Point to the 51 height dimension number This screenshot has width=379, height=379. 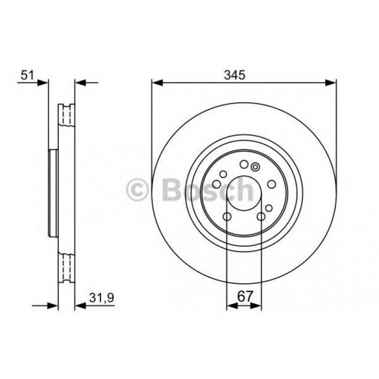click(27, 75)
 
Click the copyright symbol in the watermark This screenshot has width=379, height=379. click(137, 190)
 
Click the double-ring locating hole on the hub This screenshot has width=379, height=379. click(255, 167)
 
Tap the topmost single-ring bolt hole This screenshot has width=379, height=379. click(244, 164)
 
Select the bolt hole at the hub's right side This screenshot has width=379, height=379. click(272, 184)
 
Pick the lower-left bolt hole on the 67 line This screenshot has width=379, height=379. click(227, 217)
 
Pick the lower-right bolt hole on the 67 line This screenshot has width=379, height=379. click(261, 217)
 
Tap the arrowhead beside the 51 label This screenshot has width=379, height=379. click(43, 83)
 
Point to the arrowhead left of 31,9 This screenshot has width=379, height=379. click(79, 306)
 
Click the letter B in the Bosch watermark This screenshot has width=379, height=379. click(171, 190)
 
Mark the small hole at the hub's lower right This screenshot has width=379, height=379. click(268, 208)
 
